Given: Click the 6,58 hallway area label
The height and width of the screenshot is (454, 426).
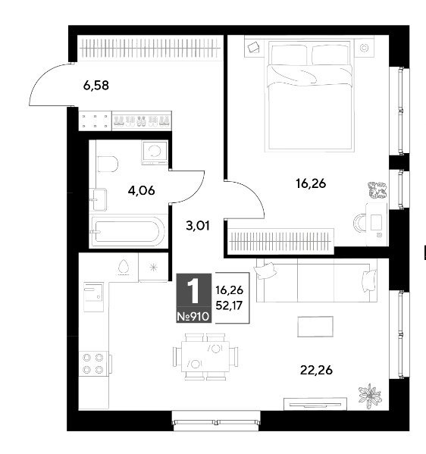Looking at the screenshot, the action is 96,86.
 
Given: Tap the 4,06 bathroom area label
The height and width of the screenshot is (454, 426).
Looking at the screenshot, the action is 141,190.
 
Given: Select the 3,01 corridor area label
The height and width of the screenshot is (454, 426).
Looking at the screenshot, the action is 198,225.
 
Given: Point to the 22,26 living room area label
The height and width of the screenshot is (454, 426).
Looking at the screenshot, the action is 316,370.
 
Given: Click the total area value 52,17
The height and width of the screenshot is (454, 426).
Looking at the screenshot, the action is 229,305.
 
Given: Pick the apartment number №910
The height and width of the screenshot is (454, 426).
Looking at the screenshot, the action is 193,317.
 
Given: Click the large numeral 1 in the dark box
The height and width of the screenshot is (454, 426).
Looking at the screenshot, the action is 193,290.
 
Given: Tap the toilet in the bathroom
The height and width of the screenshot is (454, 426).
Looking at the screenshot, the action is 108,164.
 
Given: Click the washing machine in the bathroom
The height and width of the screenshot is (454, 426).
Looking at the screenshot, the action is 155,152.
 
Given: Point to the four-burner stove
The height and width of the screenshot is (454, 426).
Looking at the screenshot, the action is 93,364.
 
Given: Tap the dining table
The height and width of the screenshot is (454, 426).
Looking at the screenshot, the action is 205,356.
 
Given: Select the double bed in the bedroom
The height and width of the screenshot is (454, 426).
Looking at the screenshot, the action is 309,96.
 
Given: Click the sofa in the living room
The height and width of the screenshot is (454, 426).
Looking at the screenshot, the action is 317,280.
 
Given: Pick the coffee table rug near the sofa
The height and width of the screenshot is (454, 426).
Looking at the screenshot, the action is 315,327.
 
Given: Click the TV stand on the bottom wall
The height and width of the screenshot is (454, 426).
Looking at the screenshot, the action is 315,404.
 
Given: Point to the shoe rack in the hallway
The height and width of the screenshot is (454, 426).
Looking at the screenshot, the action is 142,121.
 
